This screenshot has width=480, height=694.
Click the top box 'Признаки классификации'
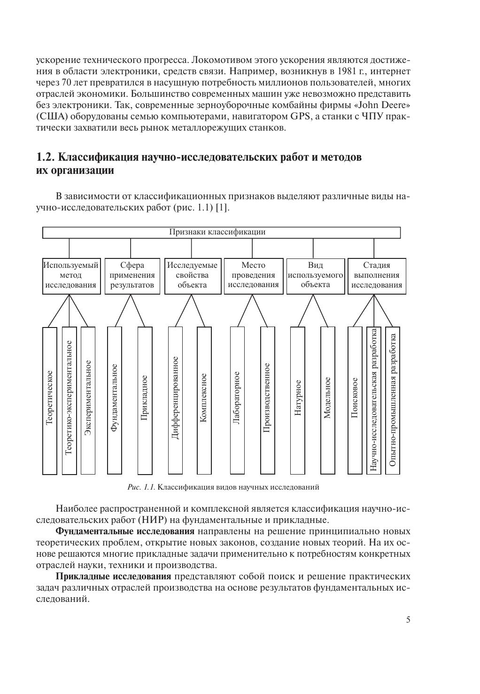click(221, 233)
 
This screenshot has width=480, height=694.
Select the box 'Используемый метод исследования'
click(71, 276)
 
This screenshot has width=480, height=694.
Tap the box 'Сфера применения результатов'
click(132, 276)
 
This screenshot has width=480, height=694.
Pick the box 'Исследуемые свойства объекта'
click(193, 276)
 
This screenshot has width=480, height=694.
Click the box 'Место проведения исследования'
click(254, 276)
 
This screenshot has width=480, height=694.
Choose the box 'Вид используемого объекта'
click(315, 276)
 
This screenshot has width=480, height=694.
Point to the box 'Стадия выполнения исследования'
click(377, 276)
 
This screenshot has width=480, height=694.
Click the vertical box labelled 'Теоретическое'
click(50, 400)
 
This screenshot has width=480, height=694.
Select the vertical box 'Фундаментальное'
click(115, 400)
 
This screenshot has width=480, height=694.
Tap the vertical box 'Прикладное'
click(145, 400)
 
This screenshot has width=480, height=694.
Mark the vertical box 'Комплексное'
click(204, 400)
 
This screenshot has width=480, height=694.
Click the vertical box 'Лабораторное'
click(237, 400)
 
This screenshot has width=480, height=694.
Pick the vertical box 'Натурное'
click(298, 400)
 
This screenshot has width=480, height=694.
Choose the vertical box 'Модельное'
click(327, 400)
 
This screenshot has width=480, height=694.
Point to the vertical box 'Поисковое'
click(355, 400)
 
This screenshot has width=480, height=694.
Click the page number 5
click(408, 620)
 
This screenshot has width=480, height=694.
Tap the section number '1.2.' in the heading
click(46, 157)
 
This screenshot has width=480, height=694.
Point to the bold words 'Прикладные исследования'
click(113, 577)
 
